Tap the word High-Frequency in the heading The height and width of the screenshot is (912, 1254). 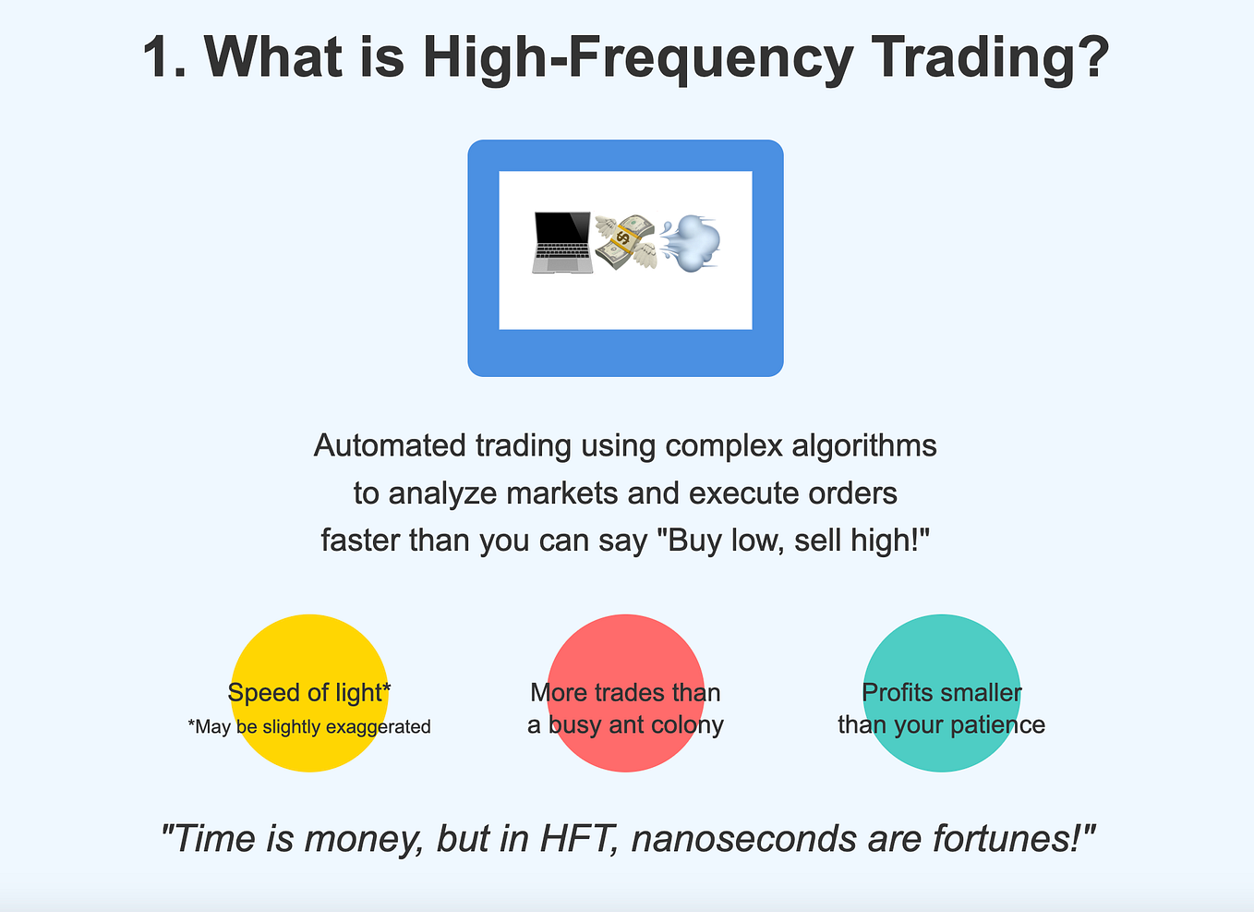click(637, 57)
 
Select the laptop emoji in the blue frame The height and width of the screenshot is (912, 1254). click(561, 243)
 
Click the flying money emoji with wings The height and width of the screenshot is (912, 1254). click(625, 243)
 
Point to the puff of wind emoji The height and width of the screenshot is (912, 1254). click(691, 243)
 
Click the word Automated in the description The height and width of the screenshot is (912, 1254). click(390, 446)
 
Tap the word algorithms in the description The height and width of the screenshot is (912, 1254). click(863, 446)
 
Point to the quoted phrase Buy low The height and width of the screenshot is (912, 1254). click(716, 541)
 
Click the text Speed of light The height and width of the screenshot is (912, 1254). click(307, 693)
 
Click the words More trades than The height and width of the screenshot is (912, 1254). click(625, 693)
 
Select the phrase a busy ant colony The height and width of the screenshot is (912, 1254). click(625, 725)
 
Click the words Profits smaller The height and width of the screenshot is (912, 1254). click(941, 693)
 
